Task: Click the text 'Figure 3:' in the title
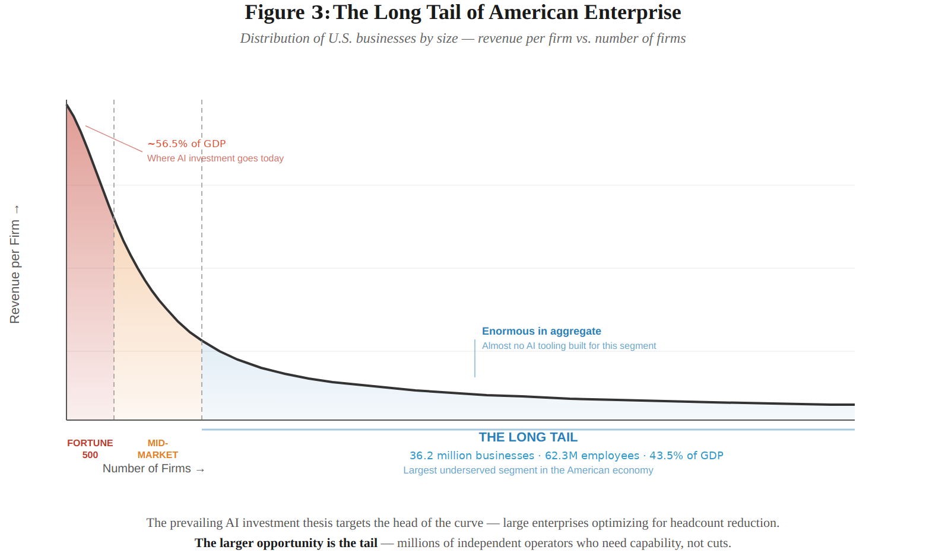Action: pos(287,12)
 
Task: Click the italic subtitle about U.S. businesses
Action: pos(462,39)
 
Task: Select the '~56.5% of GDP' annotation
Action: pos(186,144)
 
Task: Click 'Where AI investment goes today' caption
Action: pos(215,158)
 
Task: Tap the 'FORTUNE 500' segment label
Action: pos(90,449)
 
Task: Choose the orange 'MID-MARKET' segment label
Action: pos(158,449)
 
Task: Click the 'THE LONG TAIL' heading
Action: pos(528,437)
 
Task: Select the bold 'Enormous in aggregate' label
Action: pos(541,331)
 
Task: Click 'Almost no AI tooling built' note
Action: pos(569,346)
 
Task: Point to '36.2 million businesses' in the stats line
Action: pos(472,456)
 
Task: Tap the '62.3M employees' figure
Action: pos(592,456)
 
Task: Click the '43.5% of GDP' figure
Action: pos(686,456)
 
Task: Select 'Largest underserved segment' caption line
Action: pos(528,471)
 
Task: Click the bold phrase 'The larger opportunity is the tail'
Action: pos(286,543)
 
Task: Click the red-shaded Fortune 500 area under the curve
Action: pos(89,297)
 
